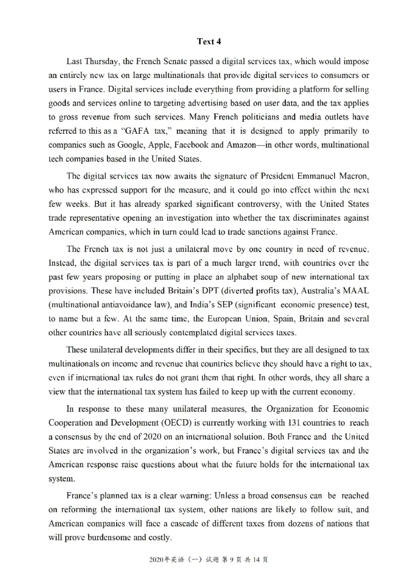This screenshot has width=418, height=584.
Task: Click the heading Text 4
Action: coord(209,41)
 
